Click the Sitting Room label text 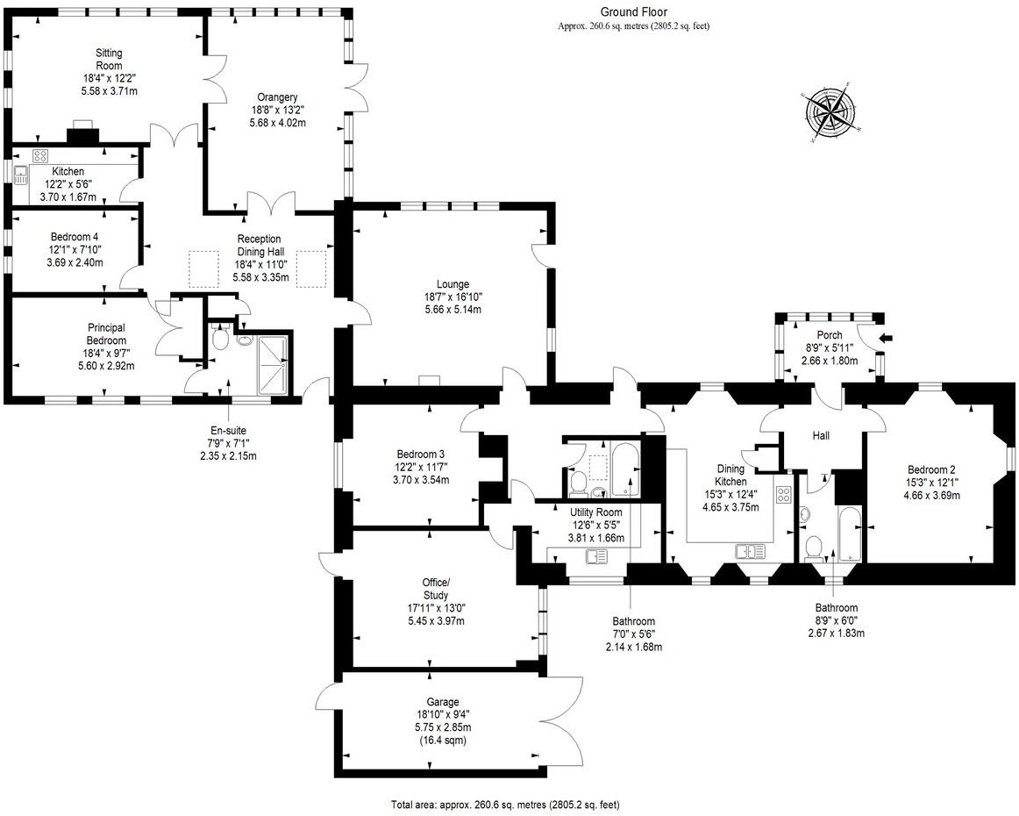109,59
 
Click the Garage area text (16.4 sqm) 443,741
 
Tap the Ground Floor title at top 633,11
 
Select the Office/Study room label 435,589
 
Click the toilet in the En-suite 220,338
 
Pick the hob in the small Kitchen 39,155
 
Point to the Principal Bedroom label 106,334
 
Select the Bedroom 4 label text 73,237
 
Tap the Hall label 820,435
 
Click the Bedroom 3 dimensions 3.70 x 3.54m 420,480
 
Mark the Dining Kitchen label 730,476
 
